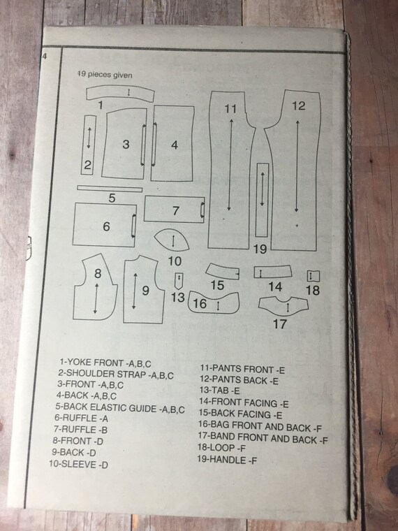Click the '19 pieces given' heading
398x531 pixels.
[x=105, y=75]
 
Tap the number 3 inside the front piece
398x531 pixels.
[x=126, y=144]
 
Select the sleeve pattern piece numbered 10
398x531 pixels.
[x=172, y=240]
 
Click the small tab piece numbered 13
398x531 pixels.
[x=179, y=281]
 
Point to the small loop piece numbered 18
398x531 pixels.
[x=314, y=276]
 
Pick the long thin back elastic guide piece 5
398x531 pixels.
[x=110, y=189]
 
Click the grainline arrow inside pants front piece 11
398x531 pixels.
[x=230, y=164]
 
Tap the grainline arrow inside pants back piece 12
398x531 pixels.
[x=297, y=166]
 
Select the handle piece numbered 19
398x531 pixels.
[x=262, y=200]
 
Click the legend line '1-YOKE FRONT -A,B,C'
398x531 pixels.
[x=105, y=363]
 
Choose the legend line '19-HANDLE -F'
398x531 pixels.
[x=227, y=460]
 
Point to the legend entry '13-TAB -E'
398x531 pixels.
[x=219, y=391]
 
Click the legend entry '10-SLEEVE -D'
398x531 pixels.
[x=78, y=464]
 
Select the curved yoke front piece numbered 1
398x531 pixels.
[x=120, y=93]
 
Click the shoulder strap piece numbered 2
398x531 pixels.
[x=89, y=145]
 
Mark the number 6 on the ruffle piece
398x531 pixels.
[x=106, y=226]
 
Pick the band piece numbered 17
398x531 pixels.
[x=283, y=305]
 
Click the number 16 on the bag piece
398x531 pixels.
[x=200, y=303]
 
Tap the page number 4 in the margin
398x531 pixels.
[x=44, y=56]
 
